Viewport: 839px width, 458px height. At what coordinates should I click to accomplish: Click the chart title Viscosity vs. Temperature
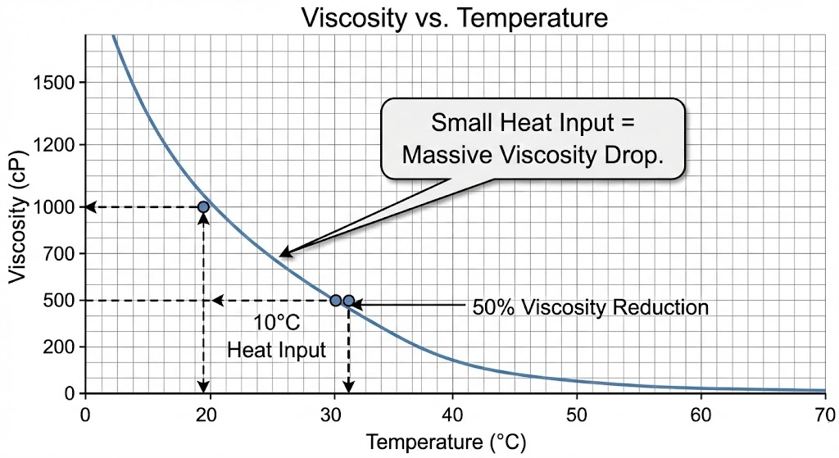455,17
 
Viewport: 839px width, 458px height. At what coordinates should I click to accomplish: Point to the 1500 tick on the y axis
53,84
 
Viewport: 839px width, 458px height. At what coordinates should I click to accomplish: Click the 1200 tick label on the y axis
53,146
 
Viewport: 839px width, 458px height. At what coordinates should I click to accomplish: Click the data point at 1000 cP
203,207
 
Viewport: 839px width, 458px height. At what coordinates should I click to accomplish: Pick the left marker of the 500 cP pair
335,301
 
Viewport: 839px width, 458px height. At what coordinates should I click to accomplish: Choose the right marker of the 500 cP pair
349,301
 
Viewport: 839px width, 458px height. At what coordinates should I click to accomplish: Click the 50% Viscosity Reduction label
590,308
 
